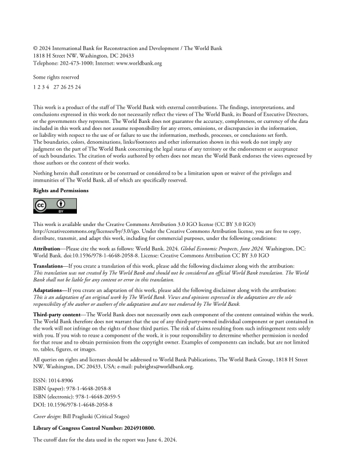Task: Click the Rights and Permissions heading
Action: tap(61, 190)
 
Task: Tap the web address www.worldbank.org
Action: tap(142, 62)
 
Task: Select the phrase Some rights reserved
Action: tap(56, 77)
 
